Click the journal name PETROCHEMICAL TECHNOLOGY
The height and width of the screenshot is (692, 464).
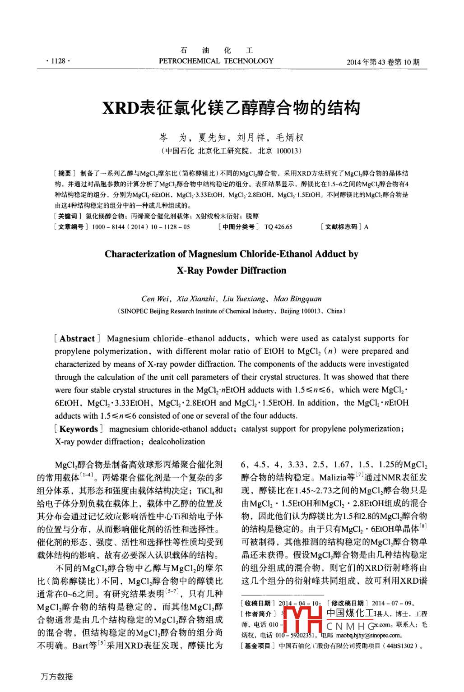(x=216, y=61)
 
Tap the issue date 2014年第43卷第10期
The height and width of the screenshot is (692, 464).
(x=383, y=62)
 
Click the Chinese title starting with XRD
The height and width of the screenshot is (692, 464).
(x=231, y=108)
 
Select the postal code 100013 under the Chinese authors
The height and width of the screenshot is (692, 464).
(x=287, y=151)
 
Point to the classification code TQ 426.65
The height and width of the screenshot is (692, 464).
(x=278, y=227)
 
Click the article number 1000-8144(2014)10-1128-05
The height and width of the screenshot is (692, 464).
(x=141, y=227)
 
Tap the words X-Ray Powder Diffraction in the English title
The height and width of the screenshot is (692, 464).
(x=231, y=270)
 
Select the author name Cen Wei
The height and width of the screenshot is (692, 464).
(x=155, y=299)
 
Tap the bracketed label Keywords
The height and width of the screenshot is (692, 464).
(x=78, y=429)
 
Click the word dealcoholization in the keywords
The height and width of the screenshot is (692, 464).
(x=177, y=442)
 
